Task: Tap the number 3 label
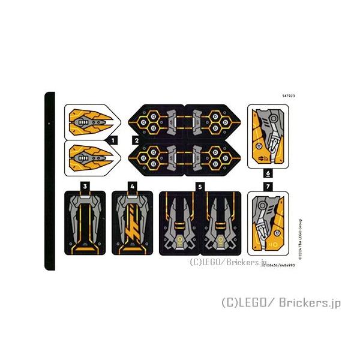coord(86,186)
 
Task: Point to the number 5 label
coord(200,187)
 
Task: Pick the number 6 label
coord(268,173)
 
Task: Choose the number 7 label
coord(268,187)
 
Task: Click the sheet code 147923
coord(288,95)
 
